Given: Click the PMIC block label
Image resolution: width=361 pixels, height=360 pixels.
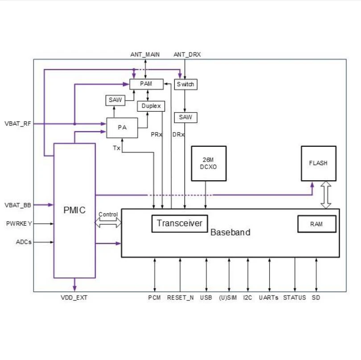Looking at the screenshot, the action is pyautogui.click(x=74, y=210).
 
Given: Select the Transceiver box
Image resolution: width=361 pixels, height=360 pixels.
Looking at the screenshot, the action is pyautogui.click(x=180, y=223).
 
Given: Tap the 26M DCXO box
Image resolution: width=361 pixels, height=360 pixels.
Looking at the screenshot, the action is pyautogui.click(x=209, y=163).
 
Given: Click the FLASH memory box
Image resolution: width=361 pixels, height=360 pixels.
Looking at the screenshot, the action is pyautogui.click(x=318, y=163).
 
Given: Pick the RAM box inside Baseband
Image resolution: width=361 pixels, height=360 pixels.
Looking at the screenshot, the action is pyautogui.click(x=317, y=224).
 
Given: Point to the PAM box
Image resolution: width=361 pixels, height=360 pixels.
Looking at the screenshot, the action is pyautogui.click(x=147, y=84).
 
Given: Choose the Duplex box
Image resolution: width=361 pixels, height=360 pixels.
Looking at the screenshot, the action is pyautogui.click(x=151, y=106).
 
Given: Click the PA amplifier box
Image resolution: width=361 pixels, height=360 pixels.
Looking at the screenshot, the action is pyautogui.click(x=122, y=128).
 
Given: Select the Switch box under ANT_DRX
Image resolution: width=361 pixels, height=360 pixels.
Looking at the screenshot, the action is pyautogui.click(x=185, y=85).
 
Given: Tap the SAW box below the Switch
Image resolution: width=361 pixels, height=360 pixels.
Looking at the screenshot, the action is pyautogui.click(x=185, y=117).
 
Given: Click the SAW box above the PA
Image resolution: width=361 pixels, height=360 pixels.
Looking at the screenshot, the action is pyautogui.click(x=115, y=100).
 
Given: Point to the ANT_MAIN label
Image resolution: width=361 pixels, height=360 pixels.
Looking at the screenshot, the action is pyautogui.click(x=145, y=54).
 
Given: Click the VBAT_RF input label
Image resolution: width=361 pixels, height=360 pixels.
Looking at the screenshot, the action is pyautogui.click(x=18, y=124).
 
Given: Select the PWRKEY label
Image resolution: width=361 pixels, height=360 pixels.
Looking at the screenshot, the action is pyautogui.click(x=19, y=223).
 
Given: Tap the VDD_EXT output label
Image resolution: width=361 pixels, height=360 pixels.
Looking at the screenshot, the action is pyautogui.click(x=74, y=298).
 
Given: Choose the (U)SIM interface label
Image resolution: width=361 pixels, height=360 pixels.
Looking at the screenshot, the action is pyautogui.click(x=228, y=298).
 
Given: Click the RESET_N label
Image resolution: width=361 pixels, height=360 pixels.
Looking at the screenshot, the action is pyautogui.click(x=180, y=298).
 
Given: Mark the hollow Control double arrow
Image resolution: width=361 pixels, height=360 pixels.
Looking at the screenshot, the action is pyautogui.click(x=108, y=222).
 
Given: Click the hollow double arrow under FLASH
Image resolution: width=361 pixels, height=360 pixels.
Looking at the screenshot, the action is pyautogui.click(x=326, y=195).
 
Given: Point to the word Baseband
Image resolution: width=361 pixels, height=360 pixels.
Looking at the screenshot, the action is pyautogui.click(x=230, y=232).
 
